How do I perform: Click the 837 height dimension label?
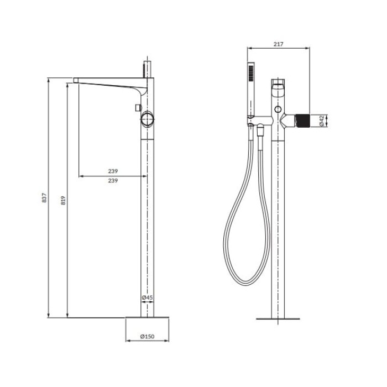[44, 198]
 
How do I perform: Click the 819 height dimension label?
[63, 200]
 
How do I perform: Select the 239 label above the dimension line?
[113, 171]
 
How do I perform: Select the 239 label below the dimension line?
[113, 181]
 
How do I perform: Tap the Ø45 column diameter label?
[148, 297]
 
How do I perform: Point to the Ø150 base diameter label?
[148, 336]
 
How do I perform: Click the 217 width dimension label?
[279, 44]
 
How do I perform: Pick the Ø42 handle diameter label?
[322, 121]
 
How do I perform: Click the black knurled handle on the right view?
[303, 121]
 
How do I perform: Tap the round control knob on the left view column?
[148, 120]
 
